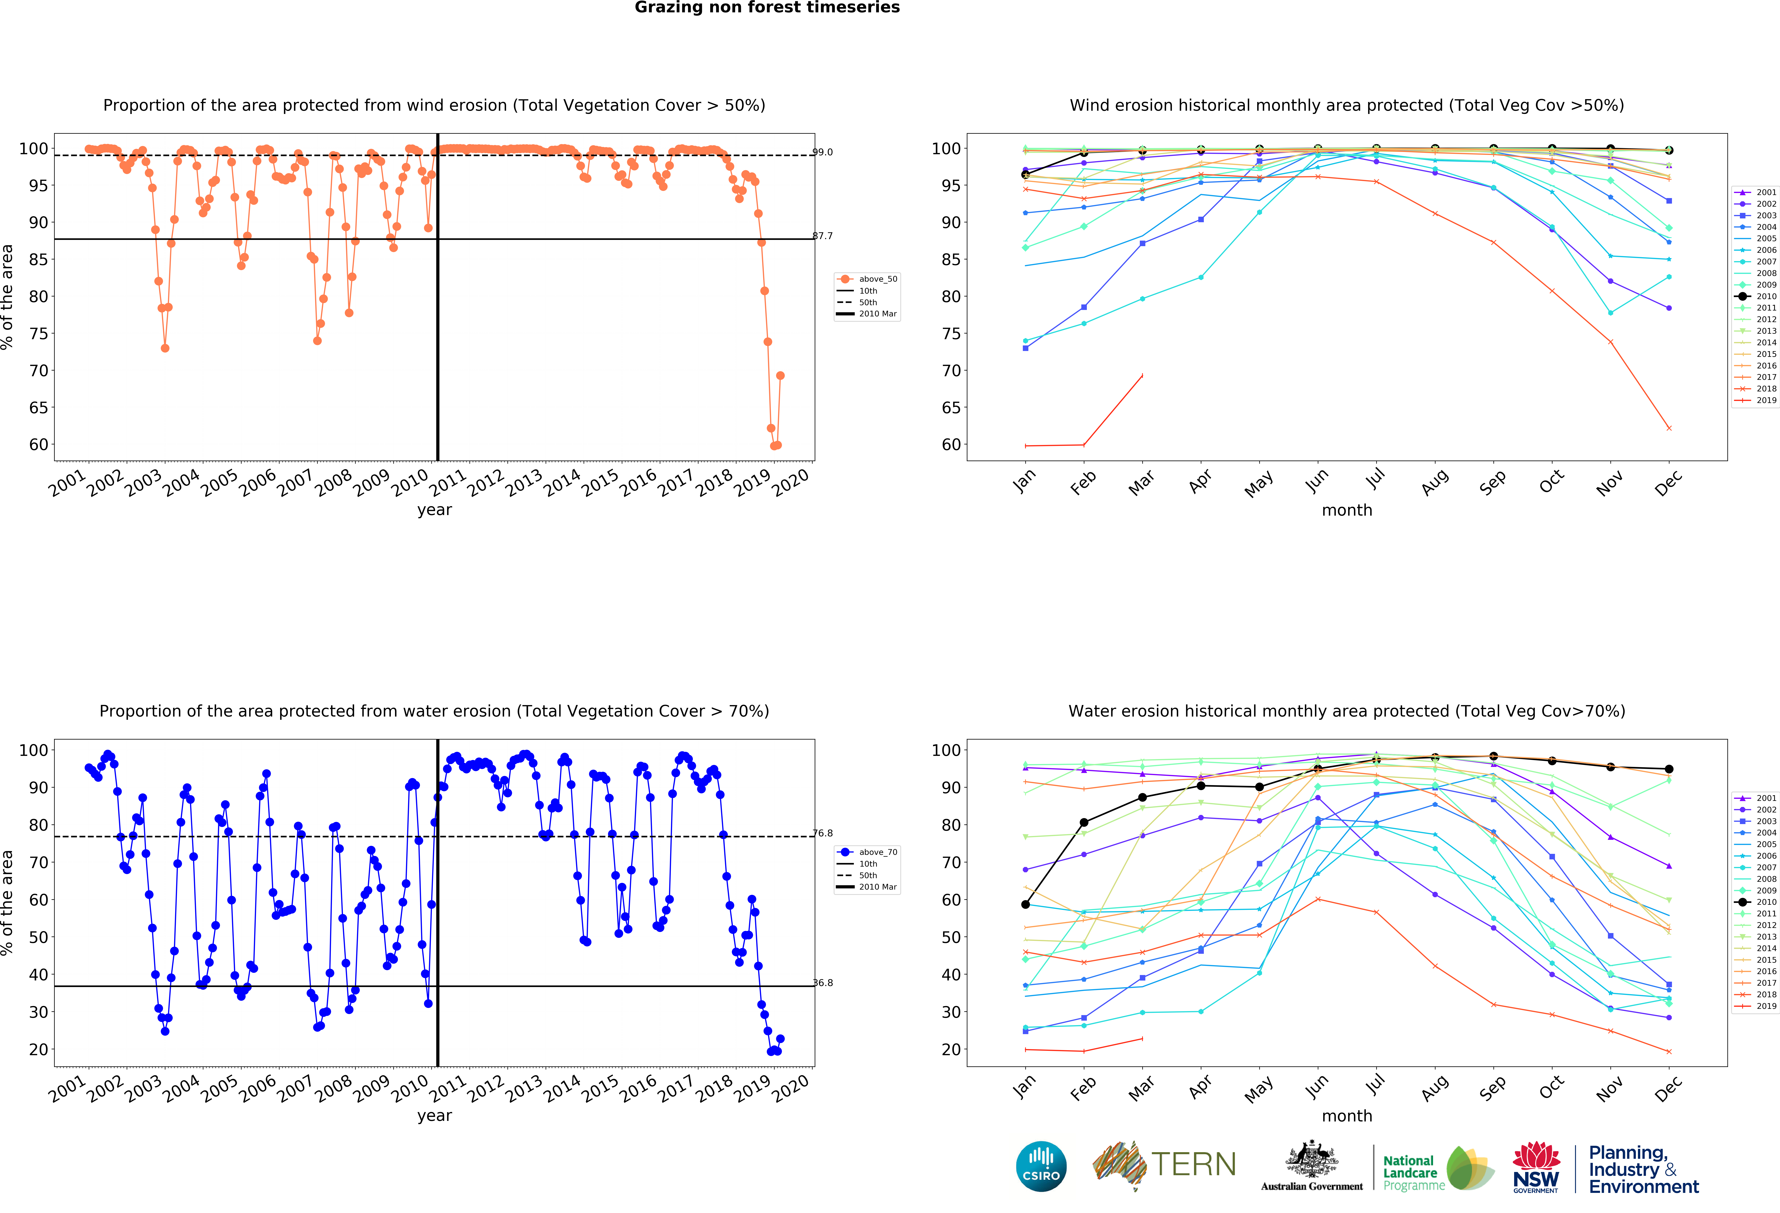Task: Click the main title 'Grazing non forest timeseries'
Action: pos(767,8)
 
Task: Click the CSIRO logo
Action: pos(1041,1166)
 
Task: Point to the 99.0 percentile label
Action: pos(823,152)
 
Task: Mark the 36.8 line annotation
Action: pos(823,982)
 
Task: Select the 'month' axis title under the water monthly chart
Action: pos(1346,1116)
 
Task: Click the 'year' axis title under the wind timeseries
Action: pos(434,510)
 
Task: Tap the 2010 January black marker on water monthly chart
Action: pos(1025,904)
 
